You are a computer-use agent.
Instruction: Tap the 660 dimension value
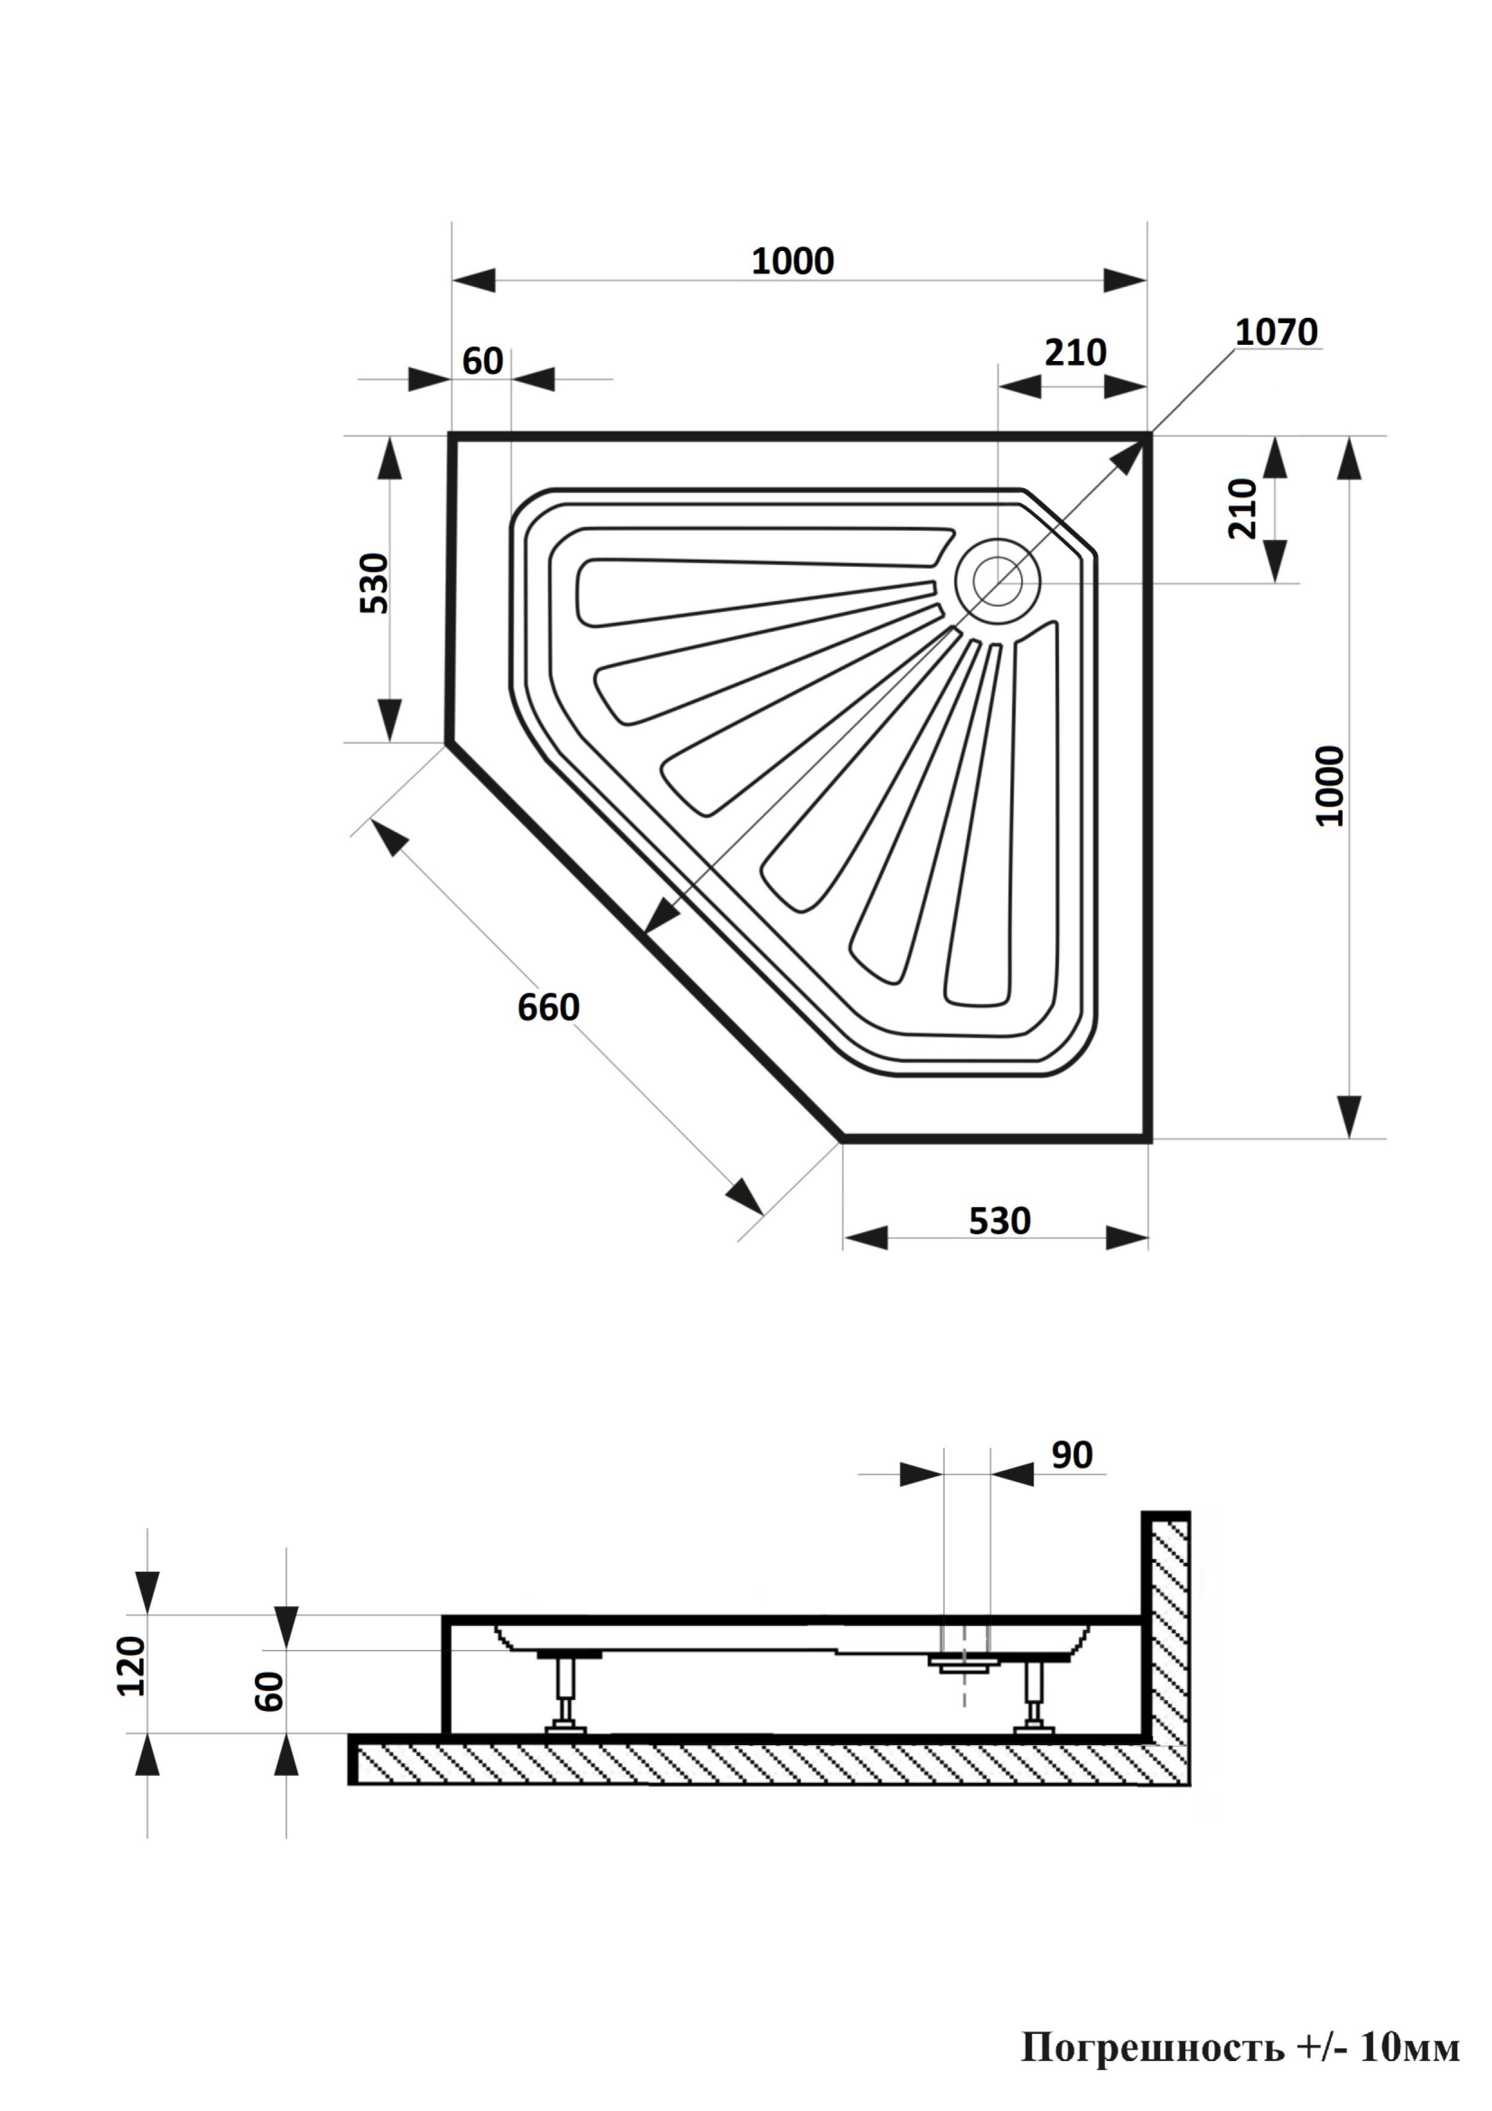[x=548, y=1008]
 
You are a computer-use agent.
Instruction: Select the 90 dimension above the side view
[x=1072, y=1456]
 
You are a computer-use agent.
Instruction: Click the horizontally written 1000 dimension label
[x=792, y=261]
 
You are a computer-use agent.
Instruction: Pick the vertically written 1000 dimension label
[x=1330, y=786]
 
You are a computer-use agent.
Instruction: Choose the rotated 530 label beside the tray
[x=375, y=583]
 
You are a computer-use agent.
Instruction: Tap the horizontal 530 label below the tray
[x=999, y=1221]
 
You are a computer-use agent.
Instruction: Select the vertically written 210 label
[x=1242, y=508]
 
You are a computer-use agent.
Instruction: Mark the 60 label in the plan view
[x=482, y=361]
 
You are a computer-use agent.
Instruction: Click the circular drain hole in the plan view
[x=997, y=580]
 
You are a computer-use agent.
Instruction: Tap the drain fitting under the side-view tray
[x=963, y=1662]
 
